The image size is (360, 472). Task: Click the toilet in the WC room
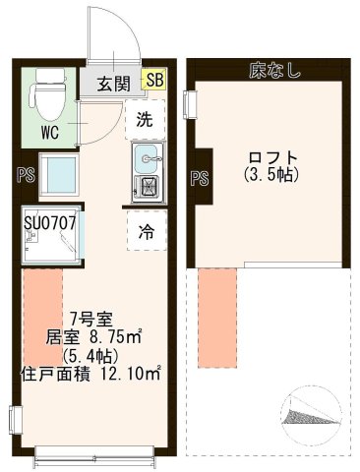(x=46, y=96)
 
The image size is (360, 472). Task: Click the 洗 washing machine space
(x=145, y=121)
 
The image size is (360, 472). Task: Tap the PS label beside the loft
(x=199, y=178)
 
